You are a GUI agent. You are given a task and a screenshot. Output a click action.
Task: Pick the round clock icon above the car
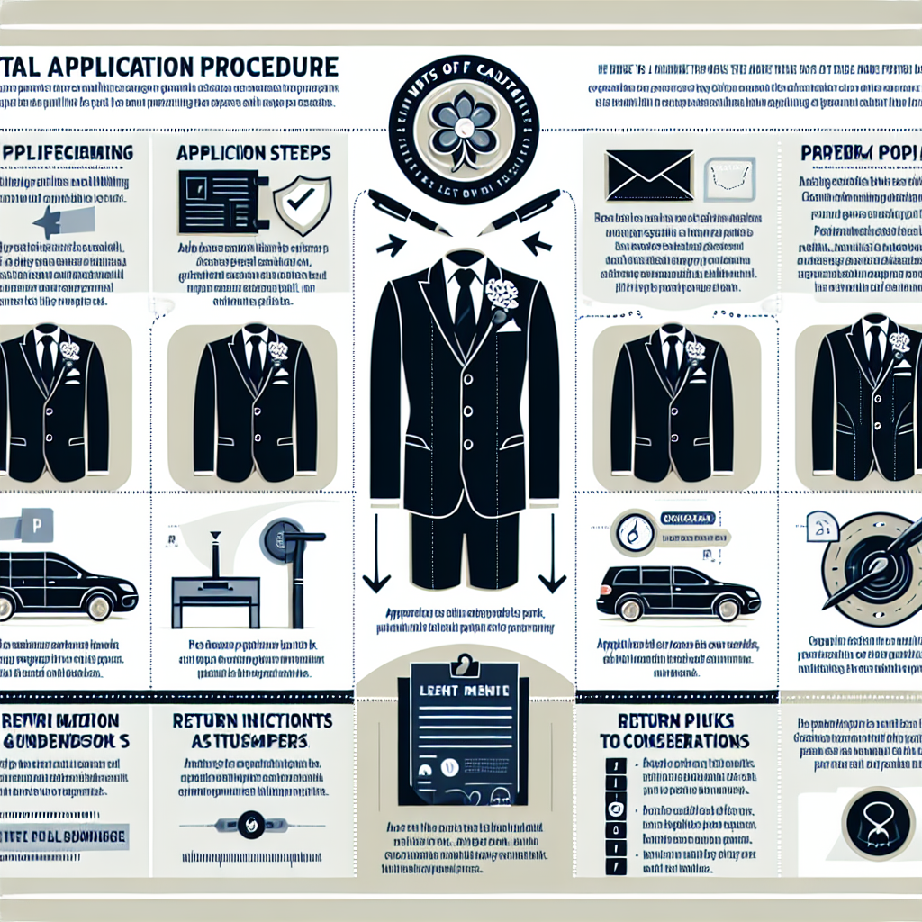tap(634, 532)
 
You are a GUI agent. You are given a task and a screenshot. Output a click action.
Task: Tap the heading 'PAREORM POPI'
tap(860, 153)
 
